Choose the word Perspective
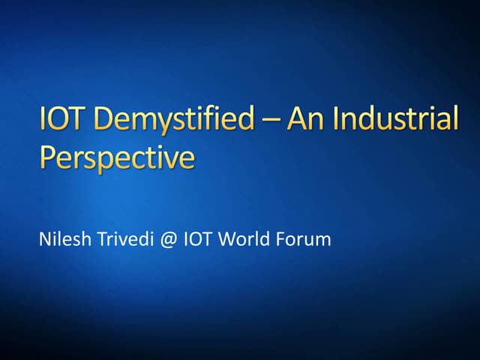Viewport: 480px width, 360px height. [116, 158]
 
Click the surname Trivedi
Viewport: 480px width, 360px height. [121, 241]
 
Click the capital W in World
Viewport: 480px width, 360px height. [229, 241]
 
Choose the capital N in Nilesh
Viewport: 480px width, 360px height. [43, 241]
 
